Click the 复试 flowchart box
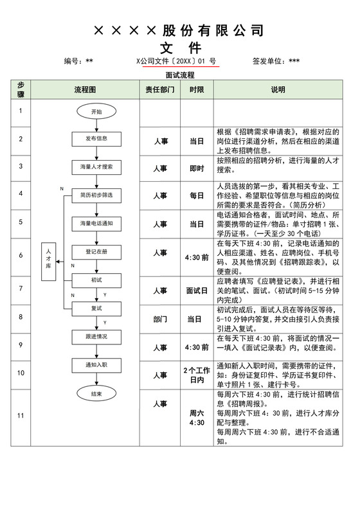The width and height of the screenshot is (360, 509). tap(96, 308)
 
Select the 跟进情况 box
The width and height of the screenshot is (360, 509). tap(96, 336)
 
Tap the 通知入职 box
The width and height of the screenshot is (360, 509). tap(96, 364)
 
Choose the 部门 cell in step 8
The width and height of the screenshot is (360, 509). tap(160, 319)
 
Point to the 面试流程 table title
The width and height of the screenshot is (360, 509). tap(179, 75)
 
